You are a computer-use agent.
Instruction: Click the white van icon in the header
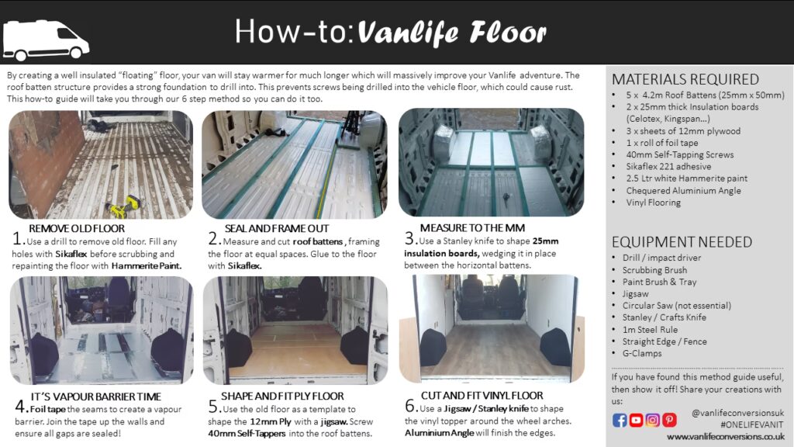coord(46,40)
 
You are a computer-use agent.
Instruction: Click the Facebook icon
coord(620,420)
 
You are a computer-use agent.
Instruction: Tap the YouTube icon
coord(636,420)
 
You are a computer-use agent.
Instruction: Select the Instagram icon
coord(653,420)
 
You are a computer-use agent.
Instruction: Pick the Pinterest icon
coord(669,420)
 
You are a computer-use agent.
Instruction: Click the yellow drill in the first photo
coord(123,206)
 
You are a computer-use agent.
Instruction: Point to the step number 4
coord(20,407)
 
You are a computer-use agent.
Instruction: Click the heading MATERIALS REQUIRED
coord(685,80)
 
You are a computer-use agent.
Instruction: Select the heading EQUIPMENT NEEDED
coord(682,242)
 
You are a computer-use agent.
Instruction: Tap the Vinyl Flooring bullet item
coord(653,203)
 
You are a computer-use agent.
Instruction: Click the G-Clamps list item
coord(642,353)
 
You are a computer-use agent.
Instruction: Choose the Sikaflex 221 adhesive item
coord(668,167)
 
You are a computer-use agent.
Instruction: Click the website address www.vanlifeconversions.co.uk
coord(726,437)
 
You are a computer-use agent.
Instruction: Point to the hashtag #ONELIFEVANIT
coord(751,425)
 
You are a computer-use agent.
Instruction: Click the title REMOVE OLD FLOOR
coord(77,229)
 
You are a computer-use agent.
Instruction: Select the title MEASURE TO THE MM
coord(472,228)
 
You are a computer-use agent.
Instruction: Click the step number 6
coord(411,406)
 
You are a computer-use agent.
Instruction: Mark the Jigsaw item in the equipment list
coord(635,294)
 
